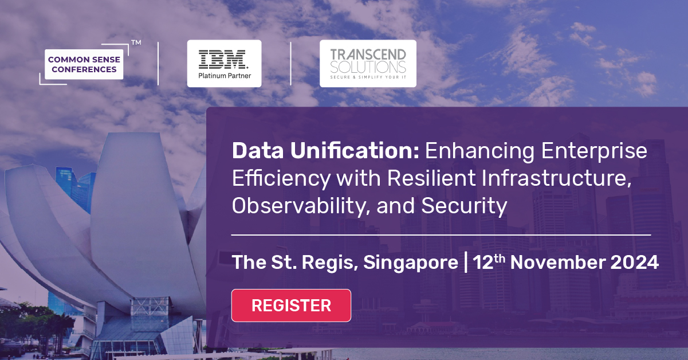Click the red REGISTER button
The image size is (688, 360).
pos(291,306)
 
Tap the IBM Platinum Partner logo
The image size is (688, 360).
pos(224,63)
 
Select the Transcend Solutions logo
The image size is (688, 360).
pos(368,63)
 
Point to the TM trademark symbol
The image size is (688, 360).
pos(136,42)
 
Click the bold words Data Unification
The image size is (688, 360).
pos(325,151)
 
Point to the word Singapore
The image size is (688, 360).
pos(410,263)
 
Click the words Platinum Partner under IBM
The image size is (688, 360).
pos(224,75)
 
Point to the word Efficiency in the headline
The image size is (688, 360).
pos(281,178)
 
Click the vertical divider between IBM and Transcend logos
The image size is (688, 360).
pos(290,63)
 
